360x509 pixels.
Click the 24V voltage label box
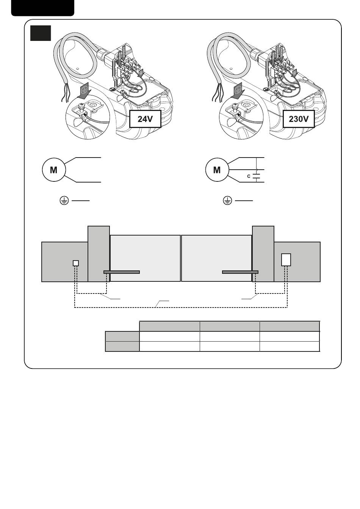[x=145, y=119]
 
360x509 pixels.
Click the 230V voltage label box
[x=299, y=119]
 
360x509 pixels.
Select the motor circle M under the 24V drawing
[x=53, y=170]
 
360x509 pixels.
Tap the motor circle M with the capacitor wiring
[x=217, y=170]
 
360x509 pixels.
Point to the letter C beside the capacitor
[x=249, y=176]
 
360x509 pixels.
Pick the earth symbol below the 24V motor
[x=64, y=201]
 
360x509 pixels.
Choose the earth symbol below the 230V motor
[x=227, y=201]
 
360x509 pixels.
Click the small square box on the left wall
[x=76, y=263]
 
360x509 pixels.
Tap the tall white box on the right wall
[x=286, y=260]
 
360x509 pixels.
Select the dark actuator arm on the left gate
[x=122, y=272]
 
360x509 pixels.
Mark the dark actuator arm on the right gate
[x=240, y=272]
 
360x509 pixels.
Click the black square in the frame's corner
[x=41, y=33]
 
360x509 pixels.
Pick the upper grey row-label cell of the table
[x=122, y=336]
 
